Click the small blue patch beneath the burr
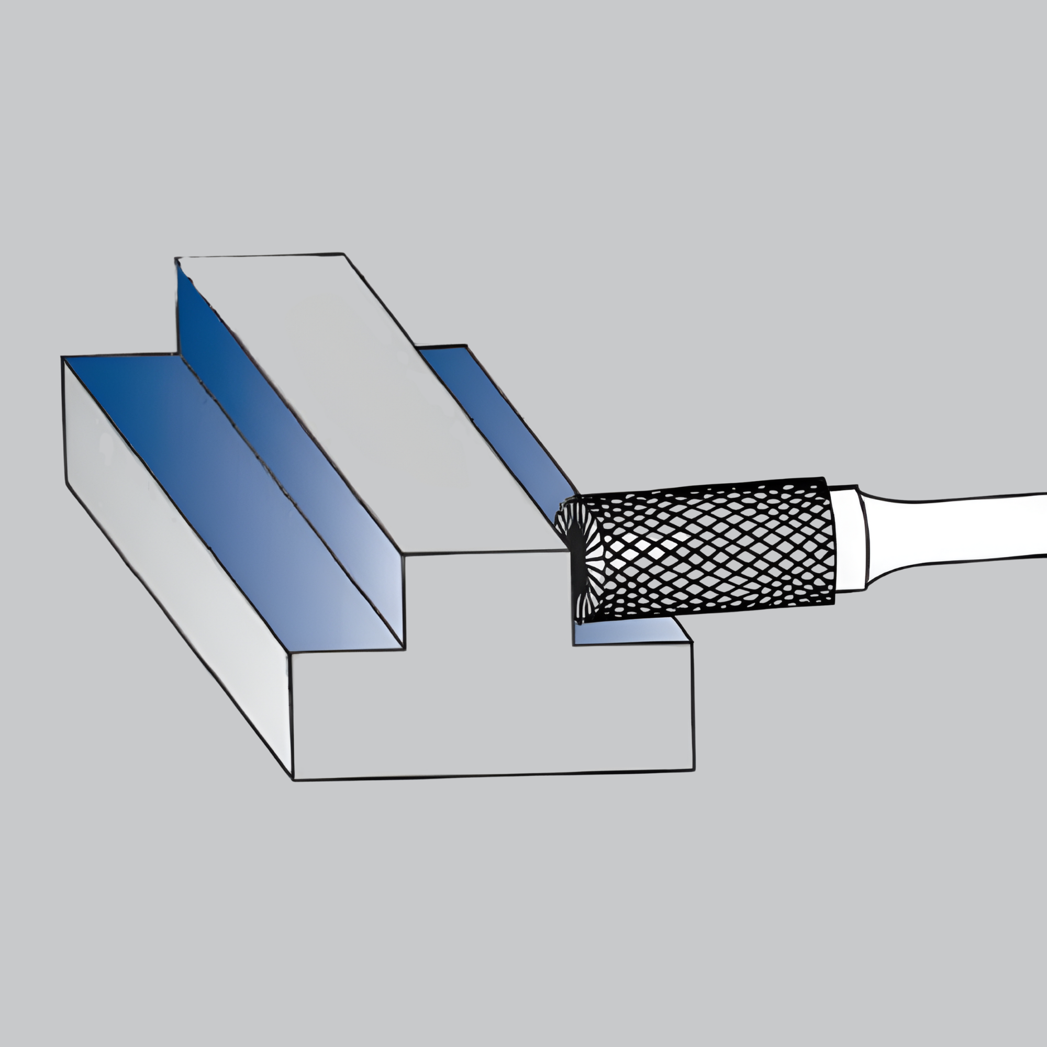click(629, 631)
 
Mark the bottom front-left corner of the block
click(293, 780)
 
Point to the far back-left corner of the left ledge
click(63, 358)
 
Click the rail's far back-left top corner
click(175, 259)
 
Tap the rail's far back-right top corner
click(342, 253)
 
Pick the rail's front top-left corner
click(403, 554)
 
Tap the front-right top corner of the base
click(692, 643)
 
